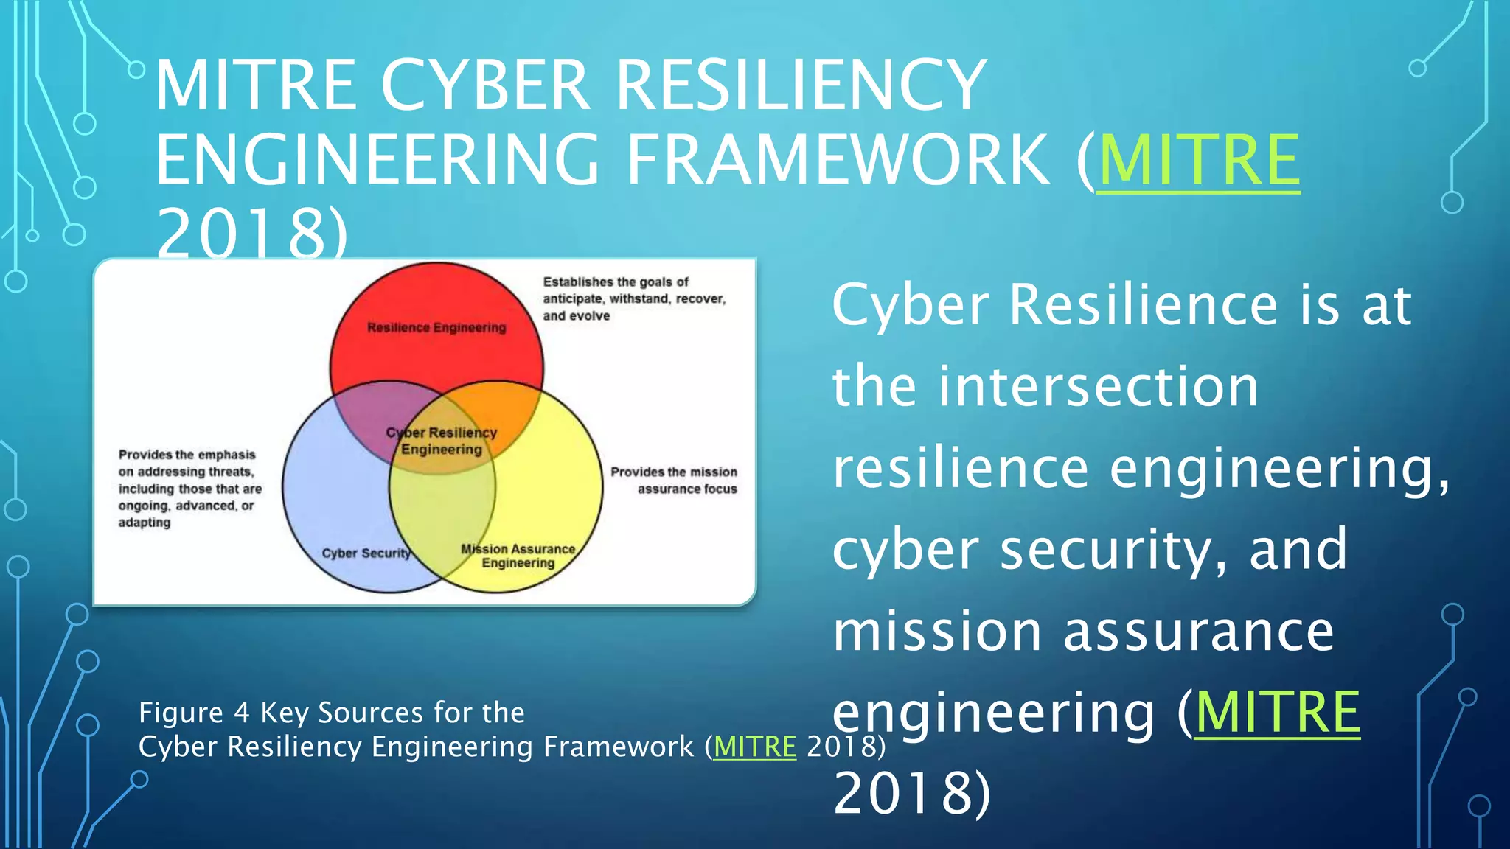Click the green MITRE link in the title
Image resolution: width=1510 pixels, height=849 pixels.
tap(1199, 161)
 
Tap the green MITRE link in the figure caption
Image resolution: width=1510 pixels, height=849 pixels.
tap(755, 747)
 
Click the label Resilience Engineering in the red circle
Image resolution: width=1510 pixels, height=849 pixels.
tap(436, 327)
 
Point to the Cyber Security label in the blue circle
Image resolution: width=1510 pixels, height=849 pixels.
tap(366, 553)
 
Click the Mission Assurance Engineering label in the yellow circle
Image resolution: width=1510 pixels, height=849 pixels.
tap(518, 556)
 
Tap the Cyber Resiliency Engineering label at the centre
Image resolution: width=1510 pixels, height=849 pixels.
tap(442, 441)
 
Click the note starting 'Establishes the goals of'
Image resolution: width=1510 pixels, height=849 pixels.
tap(634, 298)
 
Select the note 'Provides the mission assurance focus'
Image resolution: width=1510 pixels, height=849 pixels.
tap(674, 480)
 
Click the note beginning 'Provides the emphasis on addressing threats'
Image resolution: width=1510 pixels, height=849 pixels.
tap(189, 488)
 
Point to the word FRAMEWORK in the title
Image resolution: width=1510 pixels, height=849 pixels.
tap(838, 161)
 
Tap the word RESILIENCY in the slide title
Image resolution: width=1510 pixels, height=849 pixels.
tap(801, 85)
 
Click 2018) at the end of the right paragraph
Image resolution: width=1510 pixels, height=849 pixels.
tap(912, 794)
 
